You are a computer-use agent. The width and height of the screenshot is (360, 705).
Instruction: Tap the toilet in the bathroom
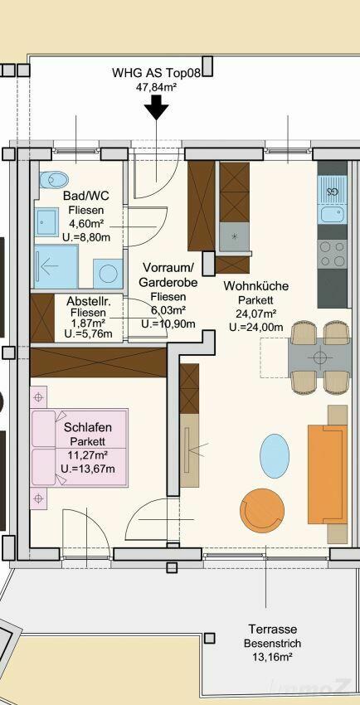pyautogui.click(x=53, y=180)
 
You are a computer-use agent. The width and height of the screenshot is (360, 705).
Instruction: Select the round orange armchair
pyautogui.click(x=262, y=510)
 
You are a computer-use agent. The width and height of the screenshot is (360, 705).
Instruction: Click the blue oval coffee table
pyautogui.click(x=275, y=456)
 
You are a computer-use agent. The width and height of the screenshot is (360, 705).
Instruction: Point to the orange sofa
pyautogui.click(x=327, y=474)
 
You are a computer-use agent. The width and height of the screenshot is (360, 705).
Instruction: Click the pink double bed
pyautogui.click(x=79, y=447)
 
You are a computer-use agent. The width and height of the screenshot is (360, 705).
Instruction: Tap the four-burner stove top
pyautogui.click(x=332, y=254)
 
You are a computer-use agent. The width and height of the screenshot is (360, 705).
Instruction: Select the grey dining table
pyautogui.click(x=319, y=357)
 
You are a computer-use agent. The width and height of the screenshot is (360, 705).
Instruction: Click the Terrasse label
pyautogui.click(x=273, y=629)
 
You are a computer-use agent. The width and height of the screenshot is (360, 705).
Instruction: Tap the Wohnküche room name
pyautogui.click(x=256, y=286)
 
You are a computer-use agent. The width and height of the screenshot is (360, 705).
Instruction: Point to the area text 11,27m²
pyautogui.click(x=88, y=455)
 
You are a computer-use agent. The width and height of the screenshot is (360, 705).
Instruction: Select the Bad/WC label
pyautogui.click(x=85, y=196)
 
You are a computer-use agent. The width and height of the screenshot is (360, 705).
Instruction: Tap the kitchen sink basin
pyautogui.click(x=332, y=214)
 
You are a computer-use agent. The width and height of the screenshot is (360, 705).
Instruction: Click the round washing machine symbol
pyautogui.click(x=108, y=274)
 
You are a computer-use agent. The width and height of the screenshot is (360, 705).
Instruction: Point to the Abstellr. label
pyautogui.click(x=88, y=300)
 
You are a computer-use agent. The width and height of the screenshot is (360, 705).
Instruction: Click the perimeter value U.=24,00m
pyautogui.click(x=256, y=328)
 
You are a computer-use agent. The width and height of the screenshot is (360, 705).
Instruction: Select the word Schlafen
pyautogui.click(x=88, y=427)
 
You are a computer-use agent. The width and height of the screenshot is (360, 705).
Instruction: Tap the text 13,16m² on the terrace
pyautogui.click(x=273, y=657)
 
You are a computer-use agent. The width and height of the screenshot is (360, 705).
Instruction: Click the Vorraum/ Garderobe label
pyautogui.click(x=168, y=275)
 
